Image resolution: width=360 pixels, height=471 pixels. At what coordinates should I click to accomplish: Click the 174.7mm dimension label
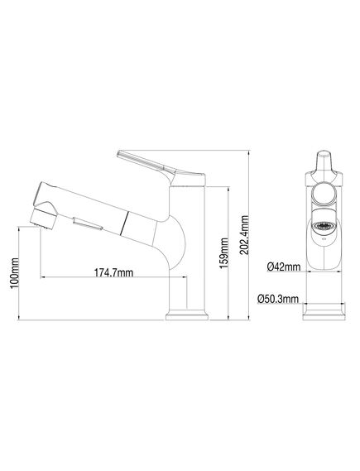pyautogui.click(x=114, y=272)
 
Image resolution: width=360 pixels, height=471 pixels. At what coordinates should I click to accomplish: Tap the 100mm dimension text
pyautogui.click(x=14, y=273)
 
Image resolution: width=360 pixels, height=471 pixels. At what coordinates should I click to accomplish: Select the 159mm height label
pyautogui.click(x=224, y=253)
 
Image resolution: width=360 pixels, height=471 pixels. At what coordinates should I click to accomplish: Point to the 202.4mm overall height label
pyautogui.click(x=245, y=235)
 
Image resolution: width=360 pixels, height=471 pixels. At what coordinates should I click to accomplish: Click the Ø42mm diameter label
pyautogui.click(x=284, y=267)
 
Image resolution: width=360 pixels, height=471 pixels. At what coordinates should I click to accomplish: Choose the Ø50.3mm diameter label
pyautogui.click(x=278, y=299)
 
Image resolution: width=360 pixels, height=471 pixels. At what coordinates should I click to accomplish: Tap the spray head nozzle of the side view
pyautogui.click(x=44, y=218)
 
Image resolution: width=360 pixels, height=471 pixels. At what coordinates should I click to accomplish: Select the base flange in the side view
pyautogui.click(x=187, y=317)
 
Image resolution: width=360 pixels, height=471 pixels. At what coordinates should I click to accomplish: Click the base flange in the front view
pyautogui.click(x=324, y=314)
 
